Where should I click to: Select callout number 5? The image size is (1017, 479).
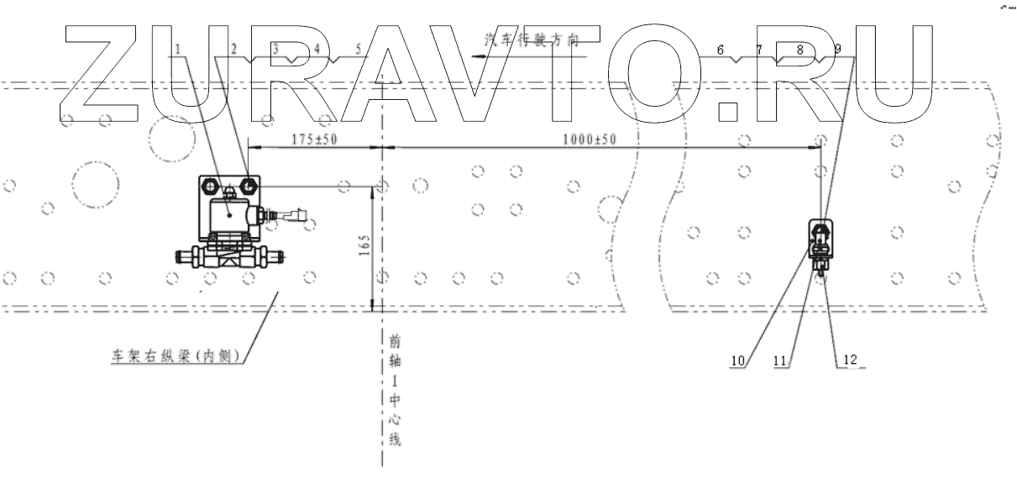[x=359, y=49]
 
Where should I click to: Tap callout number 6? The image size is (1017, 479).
[x=721, y=50]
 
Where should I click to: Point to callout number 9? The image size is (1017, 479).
[x=837, y=50]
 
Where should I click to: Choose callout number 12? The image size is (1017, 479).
[x=850, y=360]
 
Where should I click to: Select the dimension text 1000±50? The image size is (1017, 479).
[x=589, y=139]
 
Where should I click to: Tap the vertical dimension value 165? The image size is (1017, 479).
[x=364, y=245]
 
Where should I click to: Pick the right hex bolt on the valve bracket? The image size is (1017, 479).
[x=248, y=185]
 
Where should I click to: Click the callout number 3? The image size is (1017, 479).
[x=275, y=49]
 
